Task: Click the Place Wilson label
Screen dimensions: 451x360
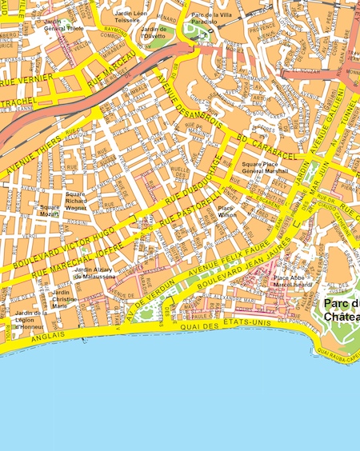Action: [x=226, y=211]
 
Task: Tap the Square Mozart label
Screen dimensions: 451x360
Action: [x=50, y=211]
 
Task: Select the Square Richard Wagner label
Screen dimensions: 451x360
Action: [x=76, y=200]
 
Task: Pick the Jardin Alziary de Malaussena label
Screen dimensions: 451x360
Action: [x=94, y=273]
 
